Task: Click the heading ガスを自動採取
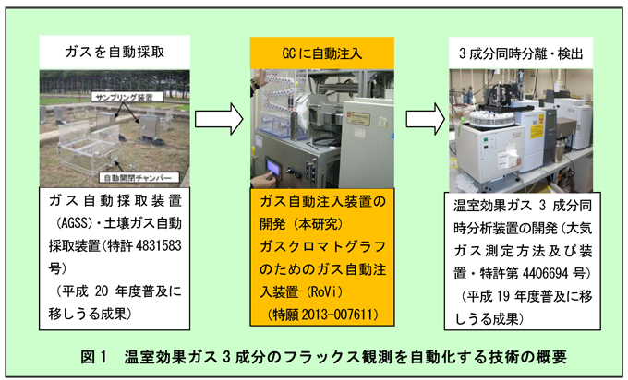coord(116,53)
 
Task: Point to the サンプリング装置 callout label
coord(128,96)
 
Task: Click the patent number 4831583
coord(162,244)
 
